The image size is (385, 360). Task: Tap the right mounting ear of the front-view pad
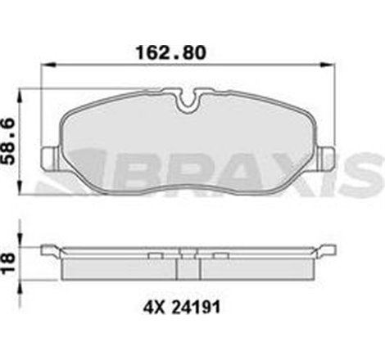click(326, 155)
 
